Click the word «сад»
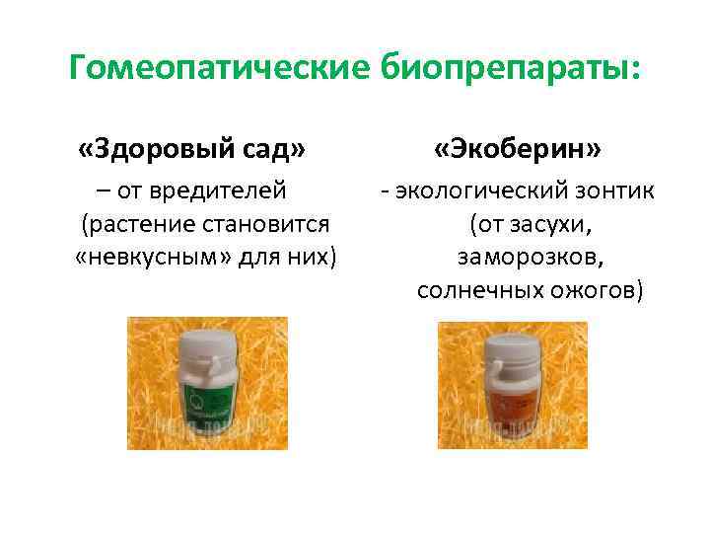coord(272,149)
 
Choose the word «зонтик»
coord(613,190)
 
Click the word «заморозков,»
coord(531,258)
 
